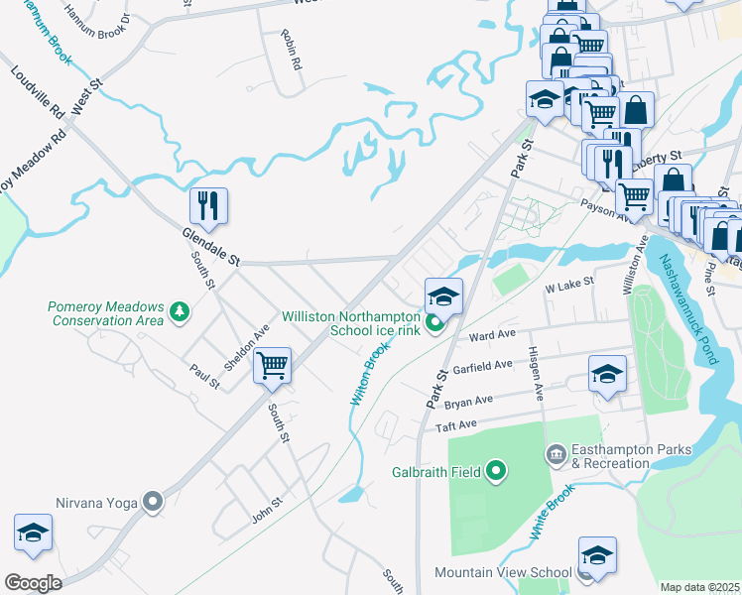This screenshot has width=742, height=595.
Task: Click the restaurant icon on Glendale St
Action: click(209, 205)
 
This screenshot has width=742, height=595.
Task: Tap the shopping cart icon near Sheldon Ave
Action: click(271, 365)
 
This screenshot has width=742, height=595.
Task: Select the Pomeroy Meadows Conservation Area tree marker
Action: click(179, 313)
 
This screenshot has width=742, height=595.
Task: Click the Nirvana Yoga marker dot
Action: click(152, 502)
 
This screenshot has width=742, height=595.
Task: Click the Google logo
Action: click(32, 582)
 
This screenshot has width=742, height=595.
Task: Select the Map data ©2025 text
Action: click(699, 587)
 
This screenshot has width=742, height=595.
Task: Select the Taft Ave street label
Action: click(457, 425)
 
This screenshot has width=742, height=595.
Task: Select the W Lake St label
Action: click(569, 284)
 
